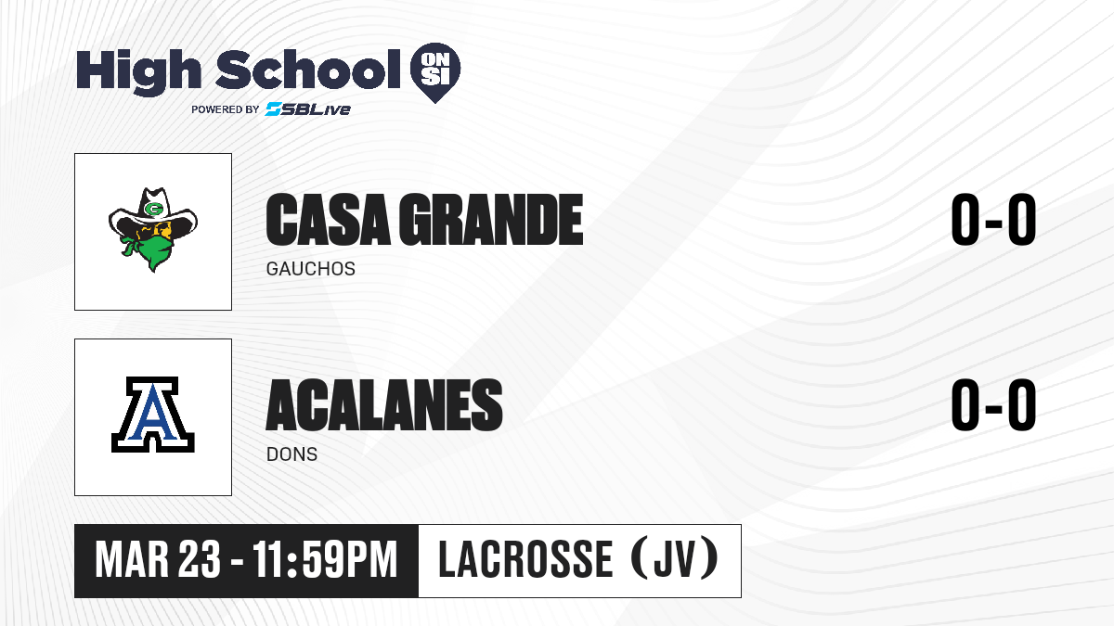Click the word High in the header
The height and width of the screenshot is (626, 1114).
pyautogui.click(x=138, y=72)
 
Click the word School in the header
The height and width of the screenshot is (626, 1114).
pyautogui.click(x=308, y=70)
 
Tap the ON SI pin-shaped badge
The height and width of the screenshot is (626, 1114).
pyautogui.click(x=435, y=72)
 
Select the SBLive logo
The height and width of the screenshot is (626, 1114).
pyautogui.click(x=308, y=109)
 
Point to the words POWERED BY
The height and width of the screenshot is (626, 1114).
pyautogui.click(x=226, y=109)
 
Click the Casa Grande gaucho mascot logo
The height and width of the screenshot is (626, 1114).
pyautogui.click(x=153, y=230)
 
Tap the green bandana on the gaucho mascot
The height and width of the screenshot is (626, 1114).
pyautogui.click(x=150, y=252)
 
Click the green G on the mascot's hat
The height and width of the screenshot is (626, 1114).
pyautogui.click(x=154, y=210)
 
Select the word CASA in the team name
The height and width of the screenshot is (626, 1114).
pyautogui.click(x=328, y=219)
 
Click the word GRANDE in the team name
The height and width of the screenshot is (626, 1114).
pyautogui.click(x=491, y=219)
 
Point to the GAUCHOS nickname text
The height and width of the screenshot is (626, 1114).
pyautogui.click(x=311, y=269)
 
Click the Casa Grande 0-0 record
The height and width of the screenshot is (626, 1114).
pyautogui.click(x=993, y=219)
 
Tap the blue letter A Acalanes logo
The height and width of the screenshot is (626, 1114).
pyautogui.click(x=153, y=415)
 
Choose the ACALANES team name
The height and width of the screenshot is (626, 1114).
pyautogui.click(x=384, y=404)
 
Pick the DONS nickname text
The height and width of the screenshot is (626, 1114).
pyautogui.click(x=291, y=454)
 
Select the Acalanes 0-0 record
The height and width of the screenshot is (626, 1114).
pyautogui.click(x=993, y=404)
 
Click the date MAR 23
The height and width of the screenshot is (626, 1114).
pyautogui.click(x=158, y=560)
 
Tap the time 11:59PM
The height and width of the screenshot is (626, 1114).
pyautogui.click(x=325, y=560)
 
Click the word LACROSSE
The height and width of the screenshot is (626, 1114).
pyautogui.click(x=525, y=560)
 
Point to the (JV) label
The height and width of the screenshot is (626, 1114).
pyautogui.click(x=674, y=558)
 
